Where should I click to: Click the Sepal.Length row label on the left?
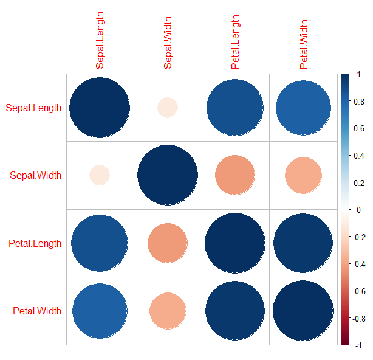point(33,109)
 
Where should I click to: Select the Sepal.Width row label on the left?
point(36,176)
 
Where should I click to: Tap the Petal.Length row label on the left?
point(35,244)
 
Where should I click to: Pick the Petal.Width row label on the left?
point(37,311)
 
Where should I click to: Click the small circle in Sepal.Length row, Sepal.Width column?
point(168,108)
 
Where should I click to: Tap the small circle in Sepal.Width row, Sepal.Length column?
point(100,176)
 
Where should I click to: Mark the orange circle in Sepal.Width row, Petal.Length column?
point(235,176)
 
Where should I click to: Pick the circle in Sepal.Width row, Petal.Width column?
point(303,176)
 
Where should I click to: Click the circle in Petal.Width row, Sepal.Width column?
point(168,311)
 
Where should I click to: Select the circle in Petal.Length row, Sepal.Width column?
point(168,243)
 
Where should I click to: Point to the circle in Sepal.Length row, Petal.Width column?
point(303,108)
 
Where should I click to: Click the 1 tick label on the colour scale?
point(359,74)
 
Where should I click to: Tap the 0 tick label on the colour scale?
point(359,210)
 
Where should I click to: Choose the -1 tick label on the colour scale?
point(358,345)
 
